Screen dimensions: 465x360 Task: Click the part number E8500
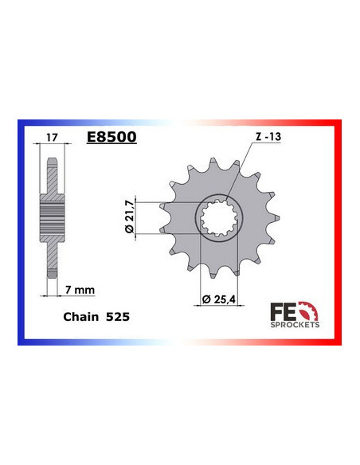pyautogui.click(x=111, y=137)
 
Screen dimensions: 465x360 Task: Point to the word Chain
pyautogui.click(x=80, y=316)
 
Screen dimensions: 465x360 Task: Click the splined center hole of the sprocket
pyautogui.click(x=215, y=216)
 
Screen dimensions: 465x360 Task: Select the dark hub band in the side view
pyautogui.click(x=52, y=216)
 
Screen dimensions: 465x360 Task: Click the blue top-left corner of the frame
pyautogui.click(x=21, y=124)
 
